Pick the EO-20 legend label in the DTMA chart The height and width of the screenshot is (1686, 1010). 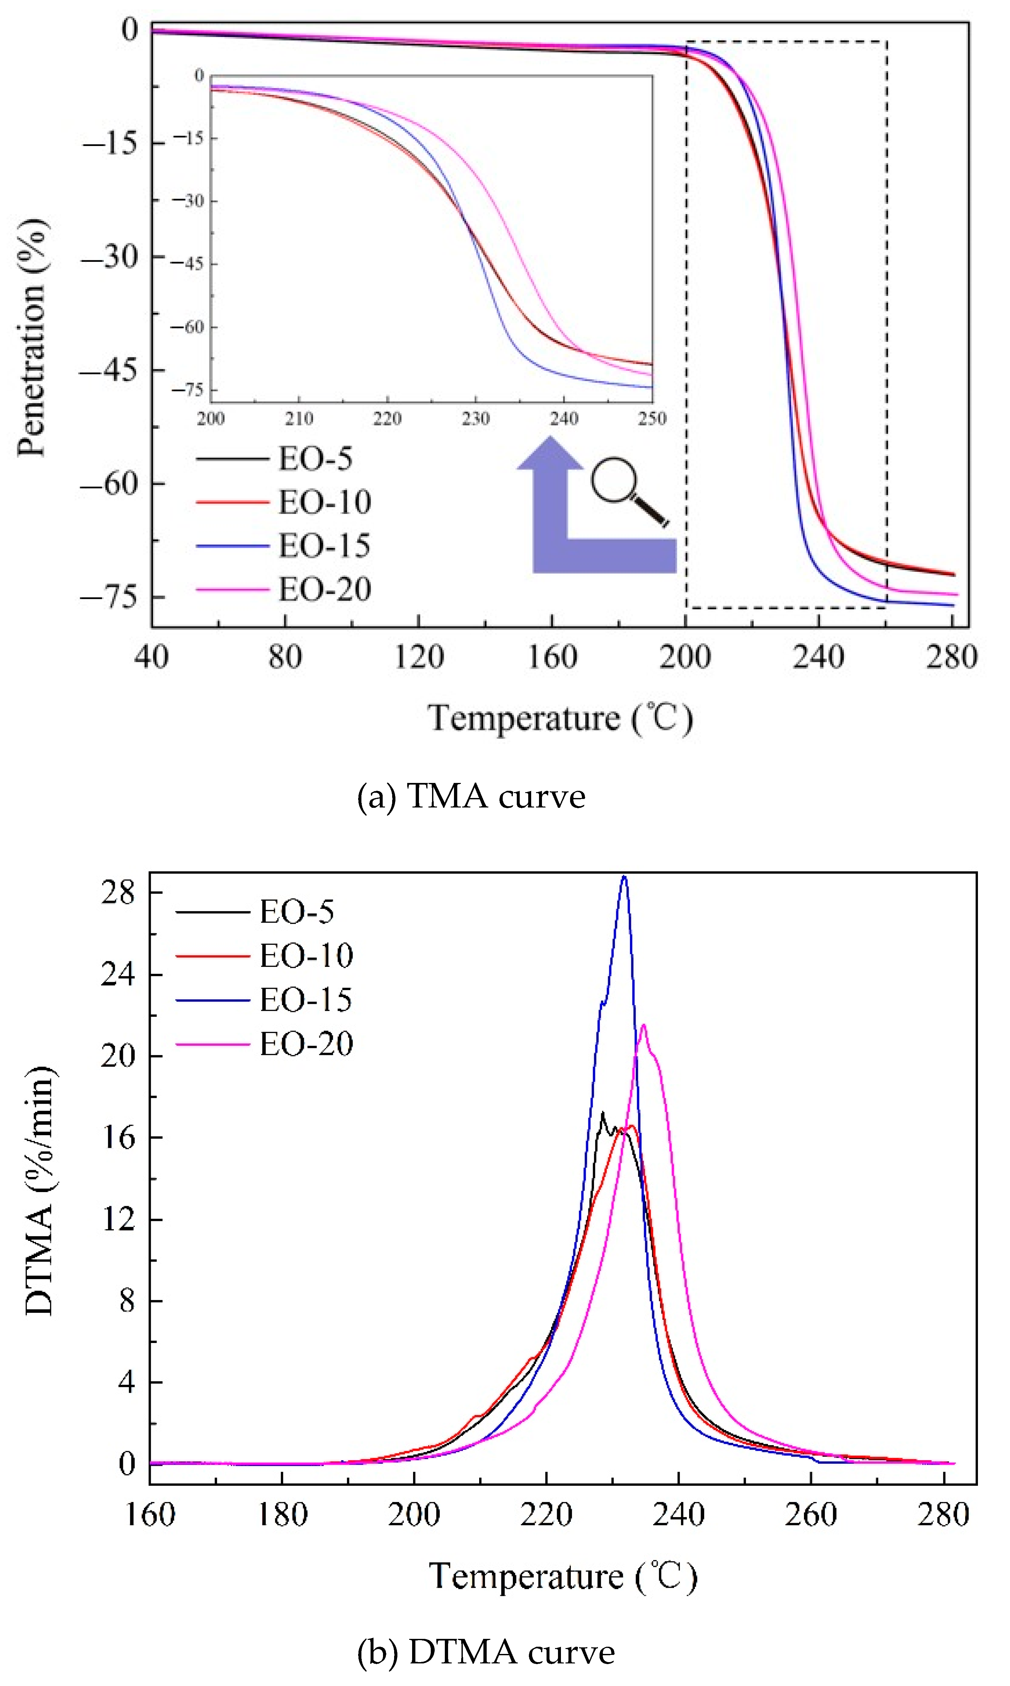tap(306, 1044)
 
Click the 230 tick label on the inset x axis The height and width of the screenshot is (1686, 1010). tap(475, 418)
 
